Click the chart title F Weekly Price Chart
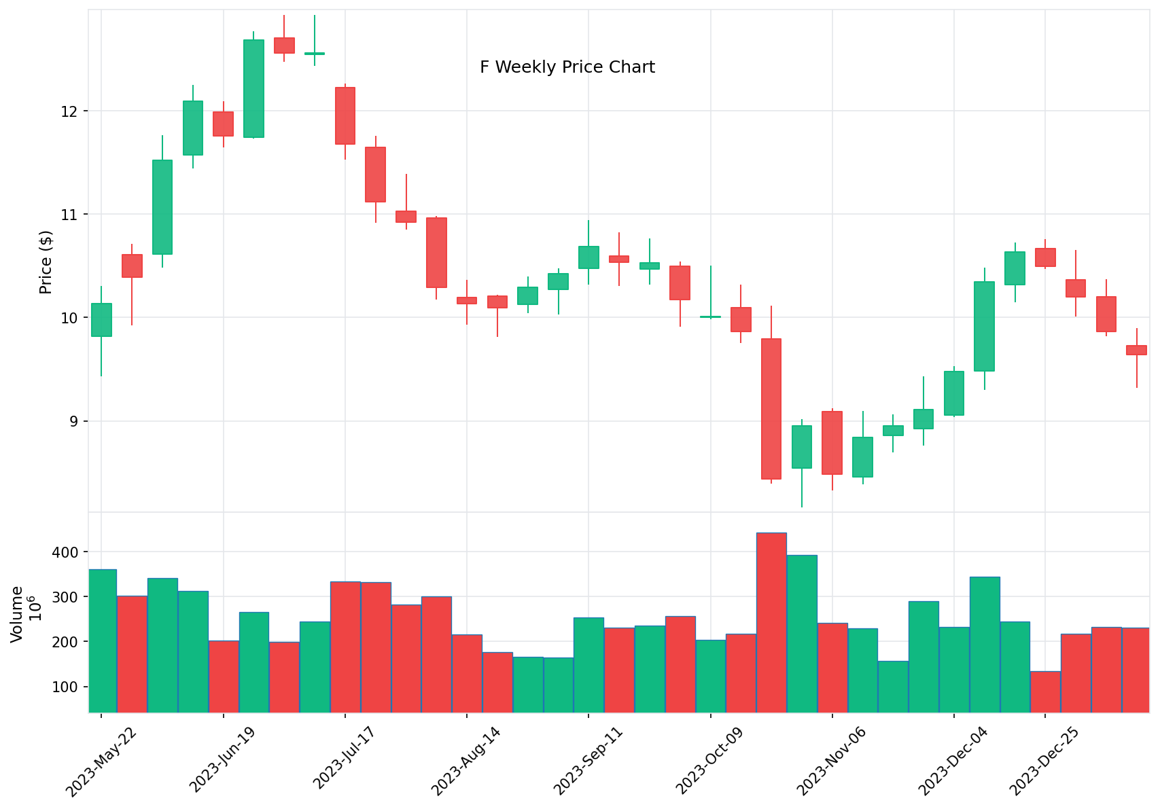(x=567, y=67)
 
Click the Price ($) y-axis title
(x=46, y=262)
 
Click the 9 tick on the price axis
(x=74, y=422)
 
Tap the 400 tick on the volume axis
(x=66, y=552)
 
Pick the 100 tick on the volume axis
(x=66, y=687)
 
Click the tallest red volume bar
(x=771, y=622)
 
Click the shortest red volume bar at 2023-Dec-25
(x=1045, y=691)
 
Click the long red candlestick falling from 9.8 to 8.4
(x=771, y=408)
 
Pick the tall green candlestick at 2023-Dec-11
(x=984, y=326)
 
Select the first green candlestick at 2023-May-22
(x=102, y=320)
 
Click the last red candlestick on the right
(x=1136, y=350)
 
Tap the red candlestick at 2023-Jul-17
(x=345, y=115)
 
